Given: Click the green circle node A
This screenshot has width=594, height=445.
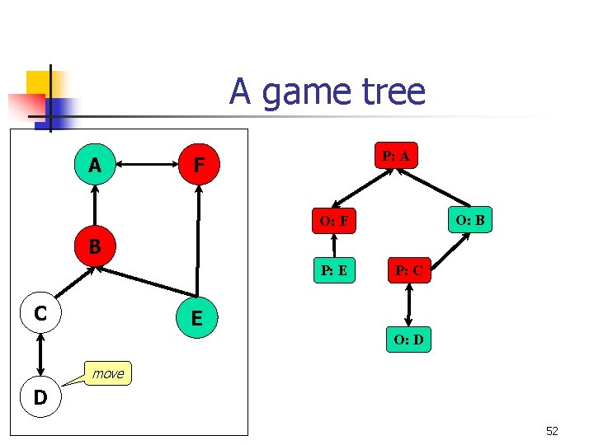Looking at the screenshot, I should point(96,166).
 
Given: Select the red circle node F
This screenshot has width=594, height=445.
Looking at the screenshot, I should point(198,166).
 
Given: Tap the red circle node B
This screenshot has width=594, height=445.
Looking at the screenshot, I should point(96,246).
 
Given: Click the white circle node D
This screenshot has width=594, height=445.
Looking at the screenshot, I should point(40,398).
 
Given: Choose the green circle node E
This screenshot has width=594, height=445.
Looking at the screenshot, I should point(197,316).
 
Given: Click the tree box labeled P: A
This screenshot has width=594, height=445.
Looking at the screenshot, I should point(396,155).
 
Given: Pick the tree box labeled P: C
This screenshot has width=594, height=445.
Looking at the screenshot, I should point(408,269).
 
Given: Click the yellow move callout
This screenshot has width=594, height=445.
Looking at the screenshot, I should point(108,373).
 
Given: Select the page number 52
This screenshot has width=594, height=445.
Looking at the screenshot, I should point(552,430).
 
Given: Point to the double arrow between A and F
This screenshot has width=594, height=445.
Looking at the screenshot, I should point(147,166).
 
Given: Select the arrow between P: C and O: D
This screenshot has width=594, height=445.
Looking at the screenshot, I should point(408,305).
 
